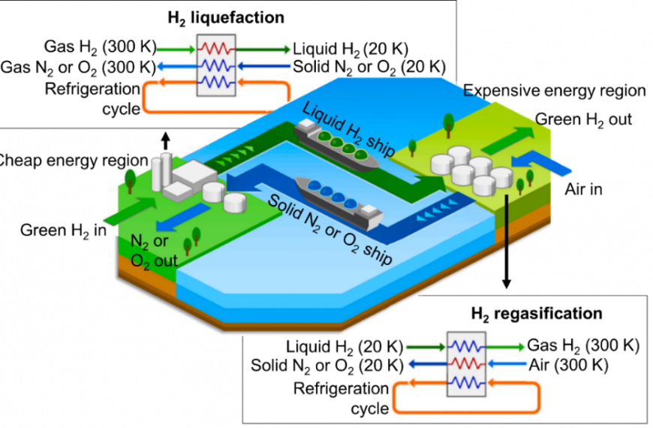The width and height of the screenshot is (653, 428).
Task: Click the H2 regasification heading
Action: tap(537, 312)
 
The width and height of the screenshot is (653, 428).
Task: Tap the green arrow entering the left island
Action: tap(121, 212)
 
